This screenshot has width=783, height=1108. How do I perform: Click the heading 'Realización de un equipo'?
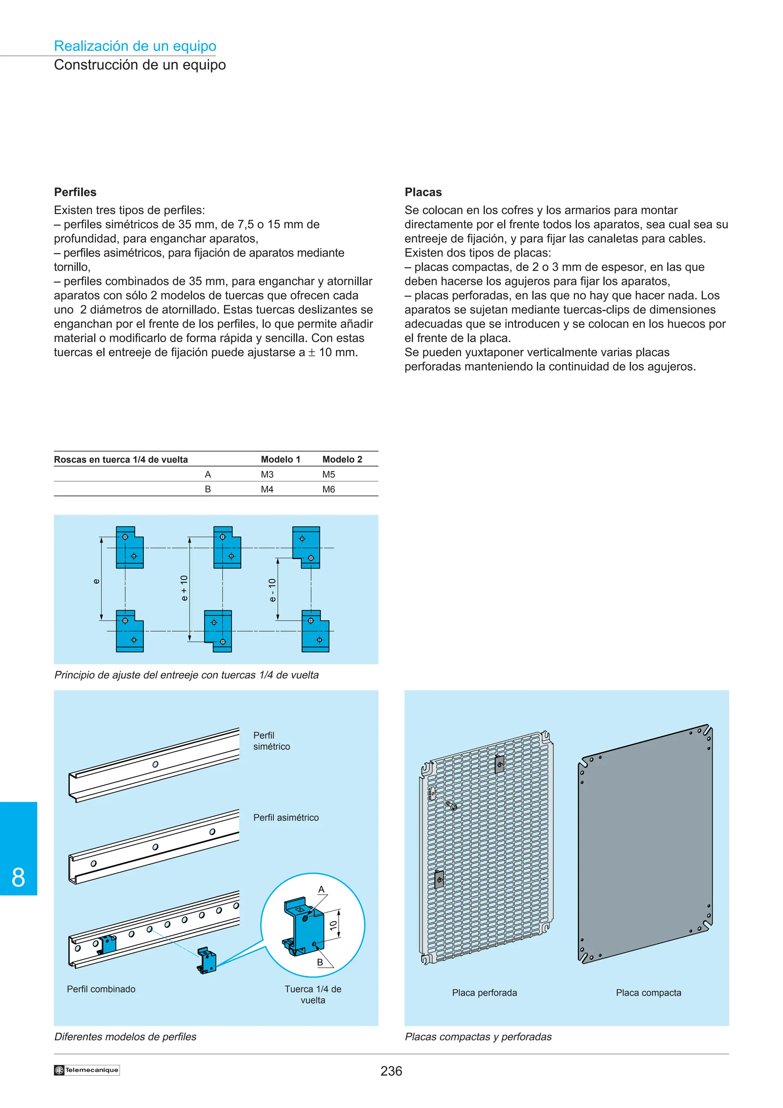[135, 46]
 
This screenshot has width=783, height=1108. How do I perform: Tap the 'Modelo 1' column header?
[280, 460]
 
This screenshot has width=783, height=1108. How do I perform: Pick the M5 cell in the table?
[328, 474]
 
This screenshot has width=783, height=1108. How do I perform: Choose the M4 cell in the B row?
[267, 489]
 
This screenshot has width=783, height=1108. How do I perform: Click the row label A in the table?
[208, 474]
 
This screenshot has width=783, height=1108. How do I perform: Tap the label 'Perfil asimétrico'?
[286, 817]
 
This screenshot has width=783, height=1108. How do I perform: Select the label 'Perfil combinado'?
[101, 989]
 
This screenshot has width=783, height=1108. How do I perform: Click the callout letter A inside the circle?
[321, 889]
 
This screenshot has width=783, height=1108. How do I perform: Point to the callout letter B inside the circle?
[320, 962]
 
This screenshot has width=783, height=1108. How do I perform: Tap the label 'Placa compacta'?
[648, 993]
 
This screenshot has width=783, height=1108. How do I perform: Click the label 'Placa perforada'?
[484, 993]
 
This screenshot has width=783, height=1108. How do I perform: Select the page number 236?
[391, 1071]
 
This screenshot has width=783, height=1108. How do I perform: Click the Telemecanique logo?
[87, 1070]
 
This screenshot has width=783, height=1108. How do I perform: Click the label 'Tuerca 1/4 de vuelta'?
[313, 994]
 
